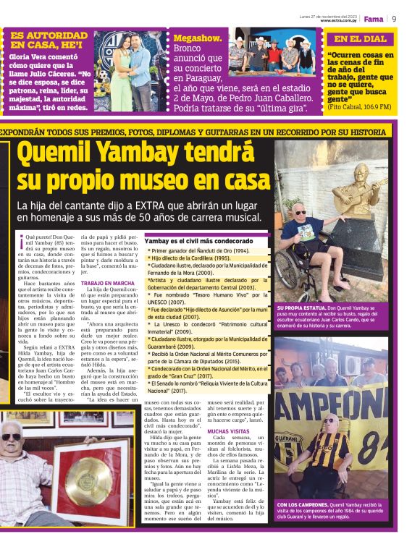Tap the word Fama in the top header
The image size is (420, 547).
[373, 19]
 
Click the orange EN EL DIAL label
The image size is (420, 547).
[361, 39]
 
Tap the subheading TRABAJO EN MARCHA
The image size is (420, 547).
[108, 283]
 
